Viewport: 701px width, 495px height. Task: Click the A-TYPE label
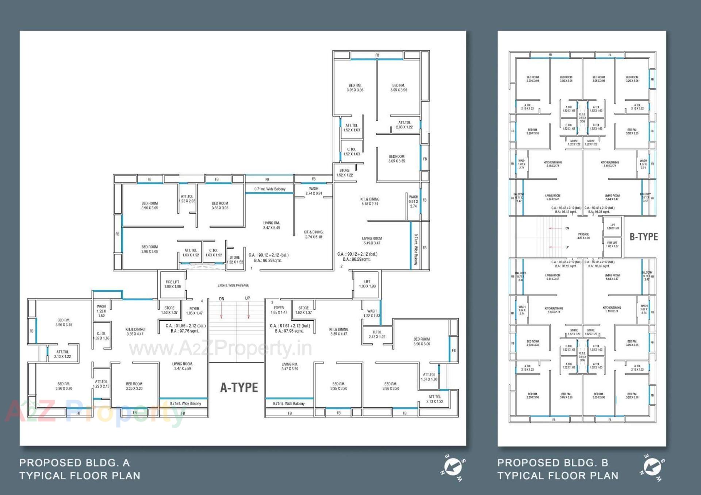click(x=239, y=387)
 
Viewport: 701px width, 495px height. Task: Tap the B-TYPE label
click(x=644, y=237)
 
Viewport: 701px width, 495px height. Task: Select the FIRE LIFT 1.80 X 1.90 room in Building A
click(x=172, y=285)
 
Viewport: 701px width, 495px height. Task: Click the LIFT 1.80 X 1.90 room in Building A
click(x=367, y=284)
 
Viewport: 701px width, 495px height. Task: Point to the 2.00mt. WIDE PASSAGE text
click(x=233, y=285)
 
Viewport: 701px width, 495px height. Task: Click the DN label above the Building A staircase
click(x=222, y=299)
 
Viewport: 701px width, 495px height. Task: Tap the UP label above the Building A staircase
click(x=248, y=298)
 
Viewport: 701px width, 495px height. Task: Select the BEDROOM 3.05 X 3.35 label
click(x=397, y=159)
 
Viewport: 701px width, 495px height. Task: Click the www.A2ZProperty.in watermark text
click(x=221, y=348)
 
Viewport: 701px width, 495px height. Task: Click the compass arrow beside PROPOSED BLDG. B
click(x=652, y=467)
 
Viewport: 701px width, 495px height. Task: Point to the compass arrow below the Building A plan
click(x=453, y=467)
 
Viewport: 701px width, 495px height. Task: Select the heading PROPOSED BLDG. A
click(x=74, y=463)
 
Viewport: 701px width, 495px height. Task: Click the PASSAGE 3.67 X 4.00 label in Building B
click(x=583, y=236)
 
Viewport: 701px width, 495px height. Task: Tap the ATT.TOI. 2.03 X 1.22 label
click(x=404, y=125)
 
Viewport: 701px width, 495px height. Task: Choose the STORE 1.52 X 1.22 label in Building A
click(x=344, y=173)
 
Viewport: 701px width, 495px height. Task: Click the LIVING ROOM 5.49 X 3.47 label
click(x=372, y=240)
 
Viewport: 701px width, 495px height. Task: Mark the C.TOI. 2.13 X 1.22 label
click(x=377, y=334)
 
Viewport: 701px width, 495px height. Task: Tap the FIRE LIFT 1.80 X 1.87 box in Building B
click(x=613, y=244)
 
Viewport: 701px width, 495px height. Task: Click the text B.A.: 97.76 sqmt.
click(x=185, y=331)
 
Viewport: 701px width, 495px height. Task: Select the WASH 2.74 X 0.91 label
click(x=314, y=191)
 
